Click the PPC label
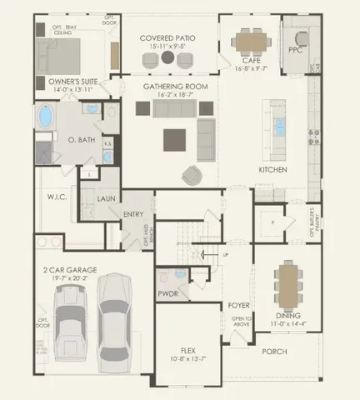coord(294,49)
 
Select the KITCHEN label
coord(272,169)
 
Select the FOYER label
coord(239,305)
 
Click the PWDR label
coord(168,293)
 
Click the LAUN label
coord(106,198)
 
